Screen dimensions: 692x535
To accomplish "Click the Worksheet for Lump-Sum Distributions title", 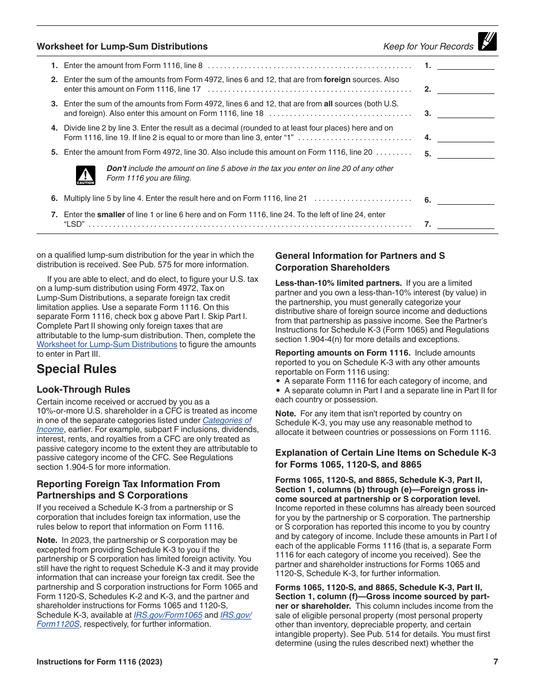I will click(122, 47).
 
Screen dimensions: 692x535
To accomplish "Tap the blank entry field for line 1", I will click(466, 65).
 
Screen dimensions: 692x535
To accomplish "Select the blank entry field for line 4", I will click(466, 138).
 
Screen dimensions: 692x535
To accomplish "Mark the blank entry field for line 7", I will click(466, 224).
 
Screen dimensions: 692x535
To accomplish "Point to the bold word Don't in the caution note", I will click(117, 168).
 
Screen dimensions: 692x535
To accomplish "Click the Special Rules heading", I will click(77, 369).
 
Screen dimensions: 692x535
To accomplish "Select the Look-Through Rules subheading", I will click(83, 389).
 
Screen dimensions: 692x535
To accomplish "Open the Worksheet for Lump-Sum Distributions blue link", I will click(107, 344).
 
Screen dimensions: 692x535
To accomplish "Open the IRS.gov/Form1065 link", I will click(168, 615).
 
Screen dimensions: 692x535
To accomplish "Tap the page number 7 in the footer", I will click(496, 662).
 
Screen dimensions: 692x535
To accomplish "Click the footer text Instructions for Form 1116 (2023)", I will click(99, 662).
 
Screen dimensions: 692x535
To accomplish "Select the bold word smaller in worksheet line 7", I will click(111, 214).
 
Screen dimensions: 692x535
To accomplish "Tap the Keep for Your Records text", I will click(428, 47).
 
